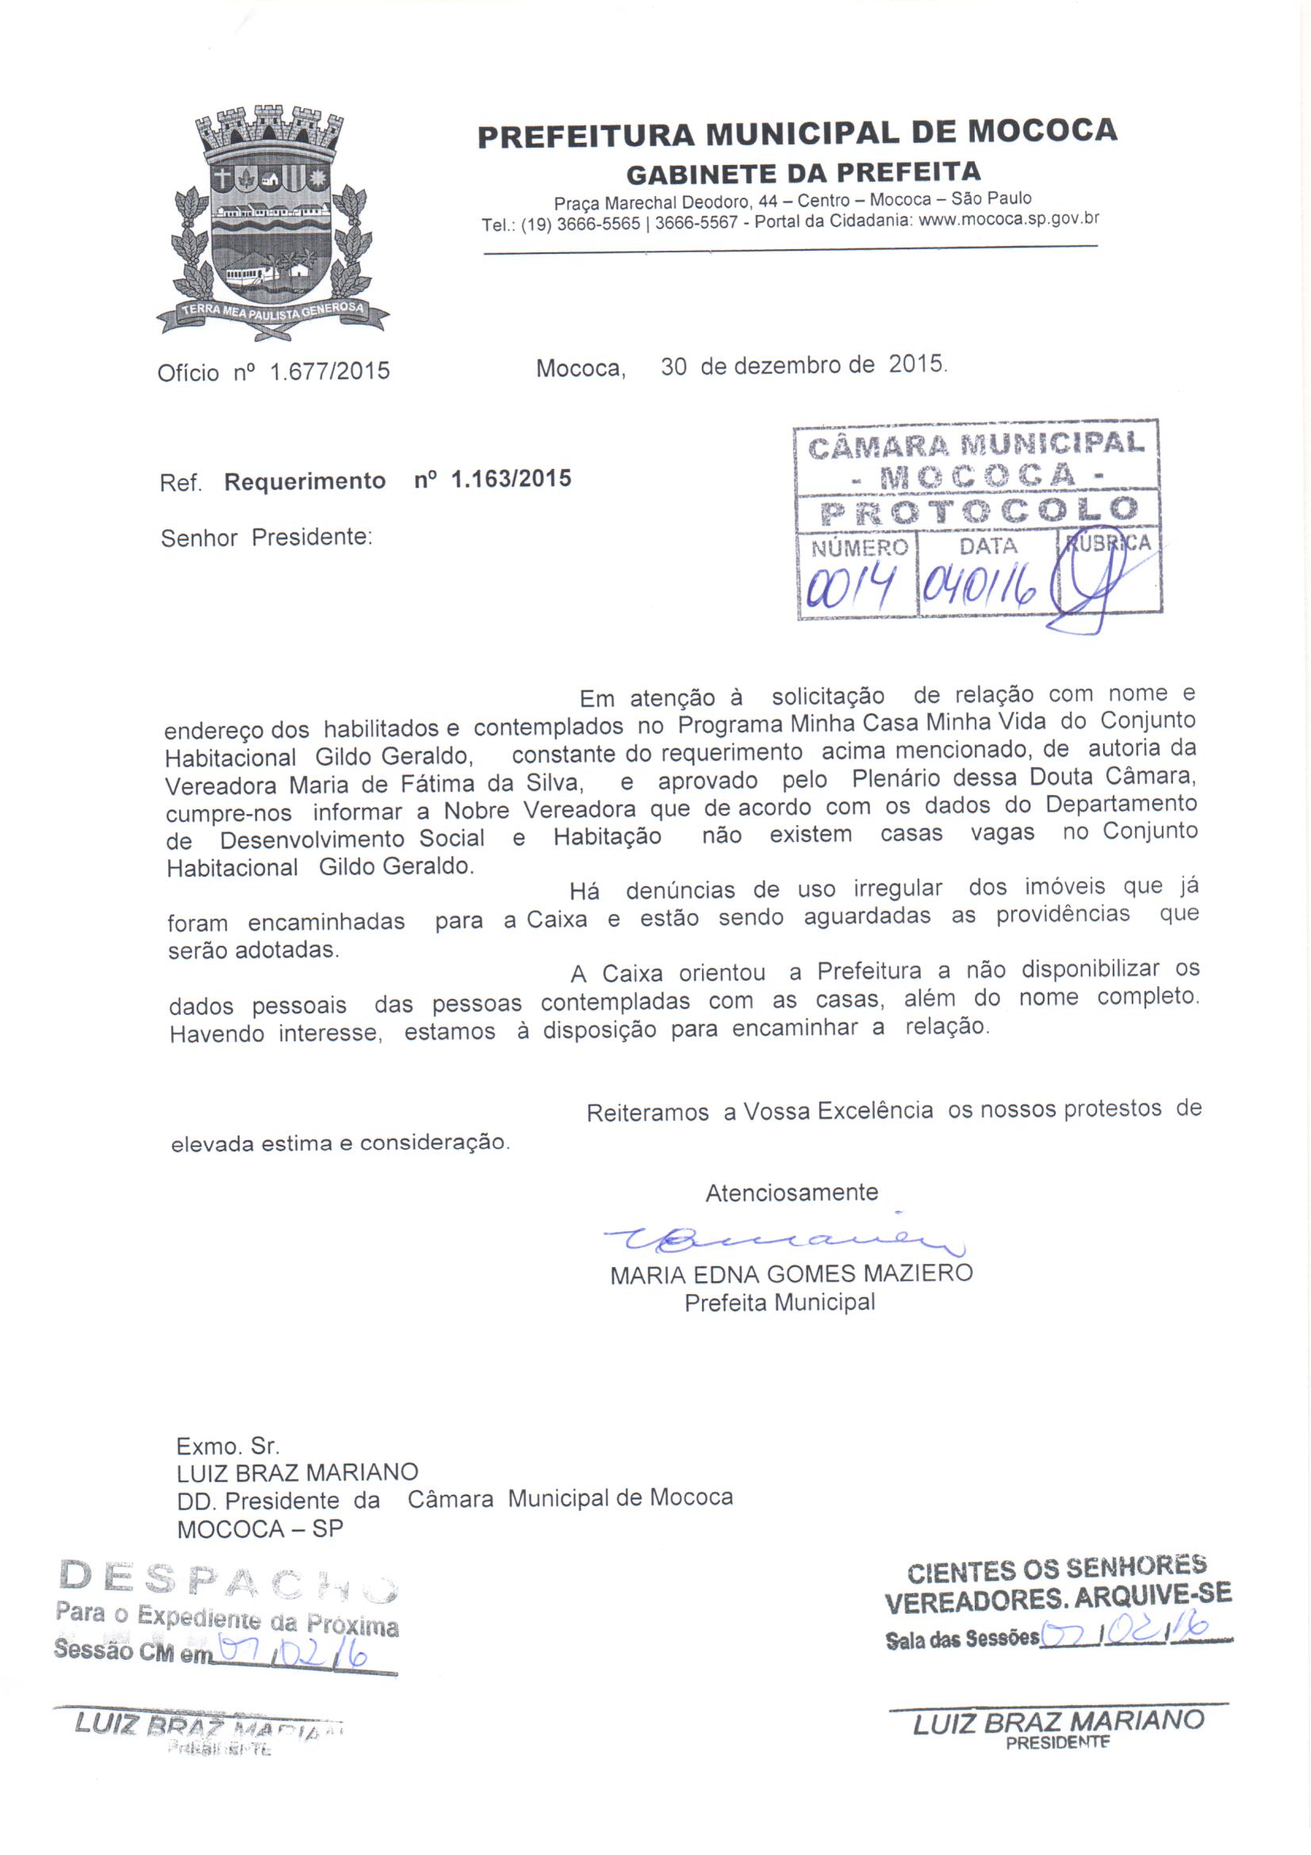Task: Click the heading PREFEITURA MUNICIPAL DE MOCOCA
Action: [796, 133]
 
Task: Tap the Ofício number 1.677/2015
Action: [330, 371]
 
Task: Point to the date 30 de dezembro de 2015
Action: [803, 366]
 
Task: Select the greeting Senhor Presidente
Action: [266, 538]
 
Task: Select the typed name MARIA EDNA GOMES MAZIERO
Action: [791, 1274]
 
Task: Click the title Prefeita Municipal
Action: [780, 1302]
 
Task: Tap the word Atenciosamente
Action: [792, 1192]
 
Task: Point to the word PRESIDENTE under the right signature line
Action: [1057, 1742]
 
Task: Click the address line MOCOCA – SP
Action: [260, 1530]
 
